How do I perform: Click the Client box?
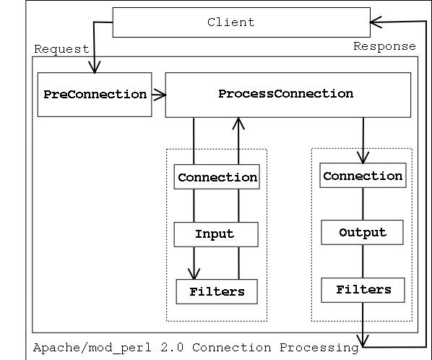coord(241,22)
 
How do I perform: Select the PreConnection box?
coord(95,95)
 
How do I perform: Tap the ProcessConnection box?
coord(288,95)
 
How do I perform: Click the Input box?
coord(216,234)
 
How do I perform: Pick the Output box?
coord(362,232)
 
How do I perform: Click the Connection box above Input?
coord(217,176)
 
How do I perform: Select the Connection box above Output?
coord(363,176)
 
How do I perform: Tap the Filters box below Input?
coord(217,291)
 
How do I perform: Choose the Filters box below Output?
coord(363,290)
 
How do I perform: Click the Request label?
coord(61,49)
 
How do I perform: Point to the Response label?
coord(384,46)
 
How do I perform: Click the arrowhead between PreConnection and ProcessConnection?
coord(160,95)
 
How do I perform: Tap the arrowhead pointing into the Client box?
coord(376,22)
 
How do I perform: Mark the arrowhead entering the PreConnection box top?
coord(95,67)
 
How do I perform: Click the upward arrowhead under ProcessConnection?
coord(238,124)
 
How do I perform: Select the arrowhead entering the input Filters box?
coord(194,274)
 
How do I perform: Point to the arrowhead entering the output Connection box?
coord(363,158)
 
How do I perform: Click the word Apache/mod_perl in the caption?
coord(92,348)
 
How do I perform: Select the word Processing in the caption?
coord(319,348)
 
